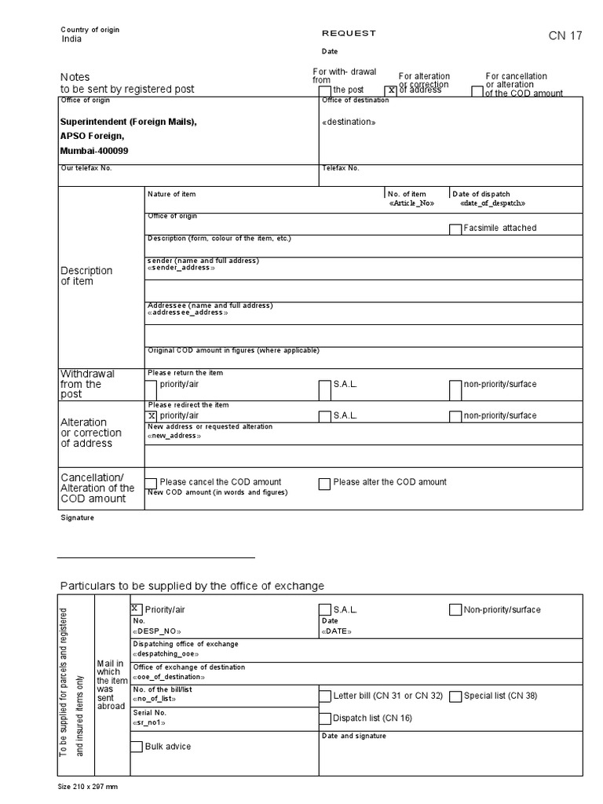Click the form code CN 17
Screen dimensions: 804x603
tap(565, 36)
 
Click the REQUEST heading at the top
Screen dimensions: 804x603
tap(349, 33)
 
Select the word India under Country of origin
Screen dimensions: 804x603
tap(71, 39)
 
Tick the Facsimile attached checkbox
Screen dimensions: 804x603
tap(455, 229)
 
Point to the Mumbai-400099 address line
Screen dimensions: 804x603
tap(94, 150)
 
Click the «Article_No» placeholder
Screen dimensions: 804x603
tap(411, 203)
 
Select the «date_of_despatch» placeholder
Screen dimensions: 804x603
tap(492, 203)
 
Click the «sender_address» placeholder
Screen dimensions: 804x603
tap(181, 268)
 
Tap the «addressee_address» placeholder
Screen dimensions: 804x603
tap(188, 312)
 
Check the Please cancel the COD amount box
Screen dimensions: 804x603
tap(152, 484)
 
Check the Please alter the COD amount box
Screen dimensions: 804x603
tap(324, 484)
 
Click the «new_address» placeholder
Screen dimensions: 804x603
tap(174, 436)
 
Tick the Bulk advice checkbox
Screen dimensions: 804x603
tap(137, 747)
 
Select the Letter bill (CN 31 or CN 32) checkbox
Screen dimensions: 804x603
tap(325, 696)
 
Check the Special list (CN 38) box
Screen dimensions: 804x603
tap(455, 696)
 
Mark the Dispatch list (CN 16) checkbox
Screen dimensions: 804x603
tap(325, 718)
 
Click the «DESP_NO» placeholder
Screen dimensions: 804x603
tap(158, 631)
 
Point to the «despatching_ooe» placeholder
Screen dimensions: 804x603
tap(166, 654)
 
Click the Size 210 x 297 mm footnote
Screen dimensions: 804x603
tap(88, 786)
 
